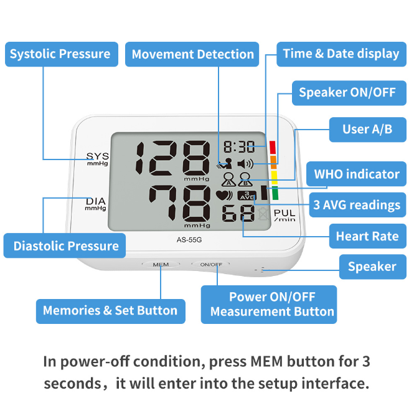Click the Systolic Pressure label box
pos(62,54)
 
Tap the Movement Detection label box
pos(192,54)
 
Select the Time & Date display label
pos(341,54)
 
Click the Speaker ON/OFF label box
pos(349,93)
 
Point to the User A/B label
pos(367,130)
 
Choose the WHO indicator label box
pos(356,174)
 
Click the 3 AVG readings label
pos(357,205)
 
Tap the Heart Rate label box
pos(367,236)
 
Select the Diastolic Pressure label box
pos(64,245)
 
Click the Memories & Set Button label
pos(111,311)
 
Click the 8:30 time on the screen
pos(239,146)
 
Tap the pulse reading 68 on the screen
pos(238,213)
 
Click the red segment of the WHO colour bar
pos(273,147)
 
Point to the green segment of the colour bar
pos(275,193)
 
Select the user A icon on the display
pos(228,179)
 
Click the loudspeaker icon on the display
pos(245,164)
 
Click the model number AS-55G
pos(189,240)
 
